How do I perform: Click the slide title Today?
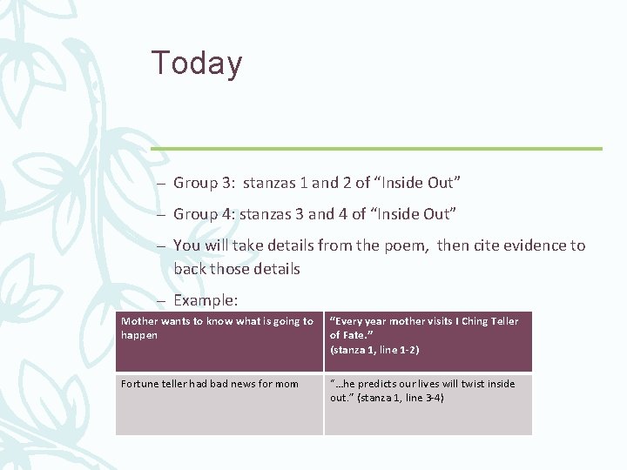click(197, 64)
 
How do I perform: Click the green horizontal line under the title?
click(375, 148)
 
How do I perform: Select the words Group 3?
click(204, 183)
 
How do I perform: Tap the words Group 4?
click(204, 214)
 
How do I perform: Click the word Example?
click(206, 300)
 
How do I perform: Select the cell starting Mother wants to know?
click(219, 341)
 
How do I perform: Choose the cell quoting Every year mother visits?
click(428, 341)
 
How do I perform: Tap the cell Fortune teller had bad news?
click(219, 404)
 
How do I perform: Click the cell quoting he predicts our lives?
click(428, 404)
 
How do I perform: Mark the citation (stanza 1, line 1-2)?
click(374, 350)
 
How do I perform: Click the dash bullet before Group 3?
click(161, 183)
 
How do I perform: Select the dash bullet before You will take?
click(161, 245)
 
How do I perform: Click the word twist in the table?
click(471, 384)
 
